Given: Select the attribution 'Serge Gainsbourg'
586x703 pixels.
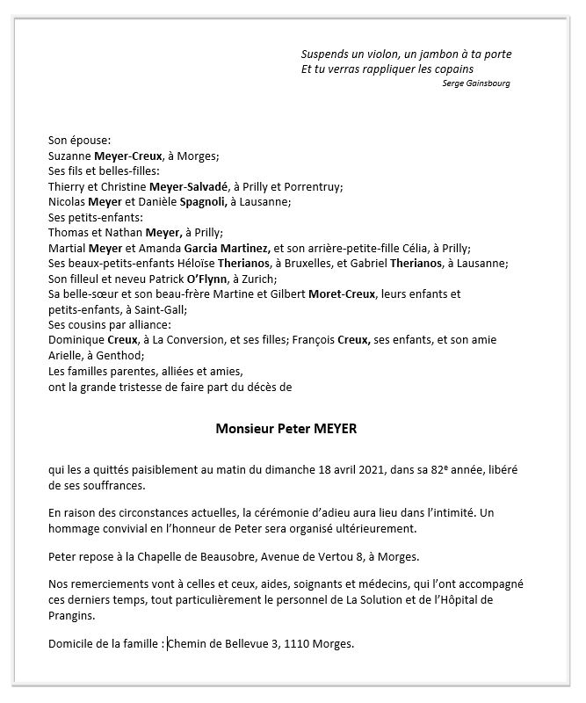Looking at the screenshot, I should point(477,83).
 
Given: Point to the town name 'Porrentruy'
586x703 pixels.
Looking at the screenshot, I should point(315,186).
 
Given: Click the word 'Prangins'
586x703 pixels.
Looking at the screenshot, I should point(72,615).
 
